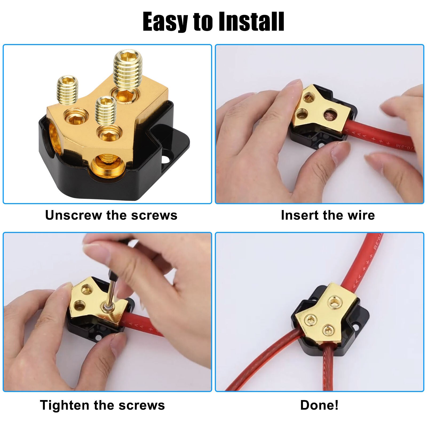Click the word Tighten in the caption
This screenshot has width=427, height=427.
[x=64, y=405]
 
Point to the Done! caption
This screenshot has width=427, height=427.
[x=319, y=405]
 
